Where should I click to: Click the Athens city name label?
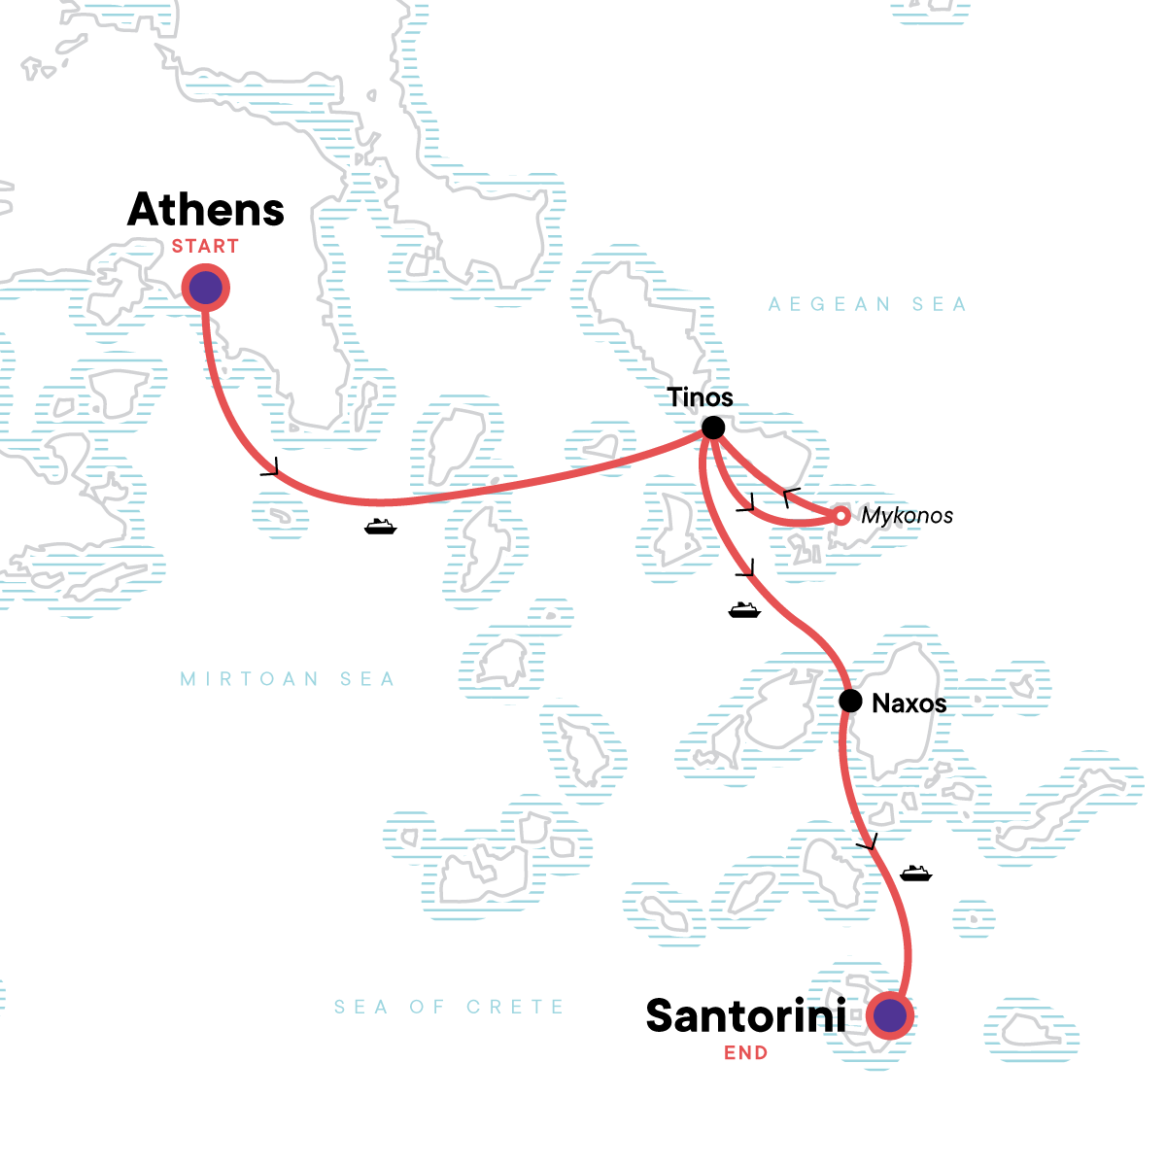click(206, 210)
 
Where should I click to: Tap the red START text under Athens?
click(205, 247)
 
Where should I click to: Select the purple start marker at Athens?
click(205, 289)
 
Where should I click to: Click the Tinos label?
click(700, 397)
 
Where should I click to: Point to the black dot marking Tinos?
click(713, 428)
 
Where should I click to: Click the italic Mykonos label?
click(907, 516)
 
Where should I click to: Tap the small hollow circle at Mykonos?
click(841, 516)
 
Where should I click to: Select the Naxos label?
click(909, 703)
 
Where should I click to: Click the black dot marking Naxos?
click(850, 701)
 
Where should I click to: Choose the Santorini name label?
click(745, 1016)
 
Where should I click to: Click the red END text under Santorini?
click(745, 1053)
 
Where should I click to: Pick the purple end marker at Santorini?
click(890, 1016)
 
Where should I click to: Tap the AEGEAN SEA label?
click(867, 305)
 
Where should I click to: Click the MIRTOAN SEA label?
click(288, 679)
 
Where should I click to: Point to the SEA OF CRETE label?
click(449, 1008)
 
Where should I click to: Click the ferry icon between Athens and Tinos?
click(381, 527)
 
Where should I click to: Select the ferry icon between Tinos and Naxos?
click(744, 610)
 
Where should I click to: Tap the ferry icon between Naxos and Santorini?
click(915, 873)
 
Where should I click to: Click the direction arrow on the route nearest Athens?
click(270, 468)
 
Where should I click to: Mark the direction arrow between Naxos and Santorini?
click(868, 841)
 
